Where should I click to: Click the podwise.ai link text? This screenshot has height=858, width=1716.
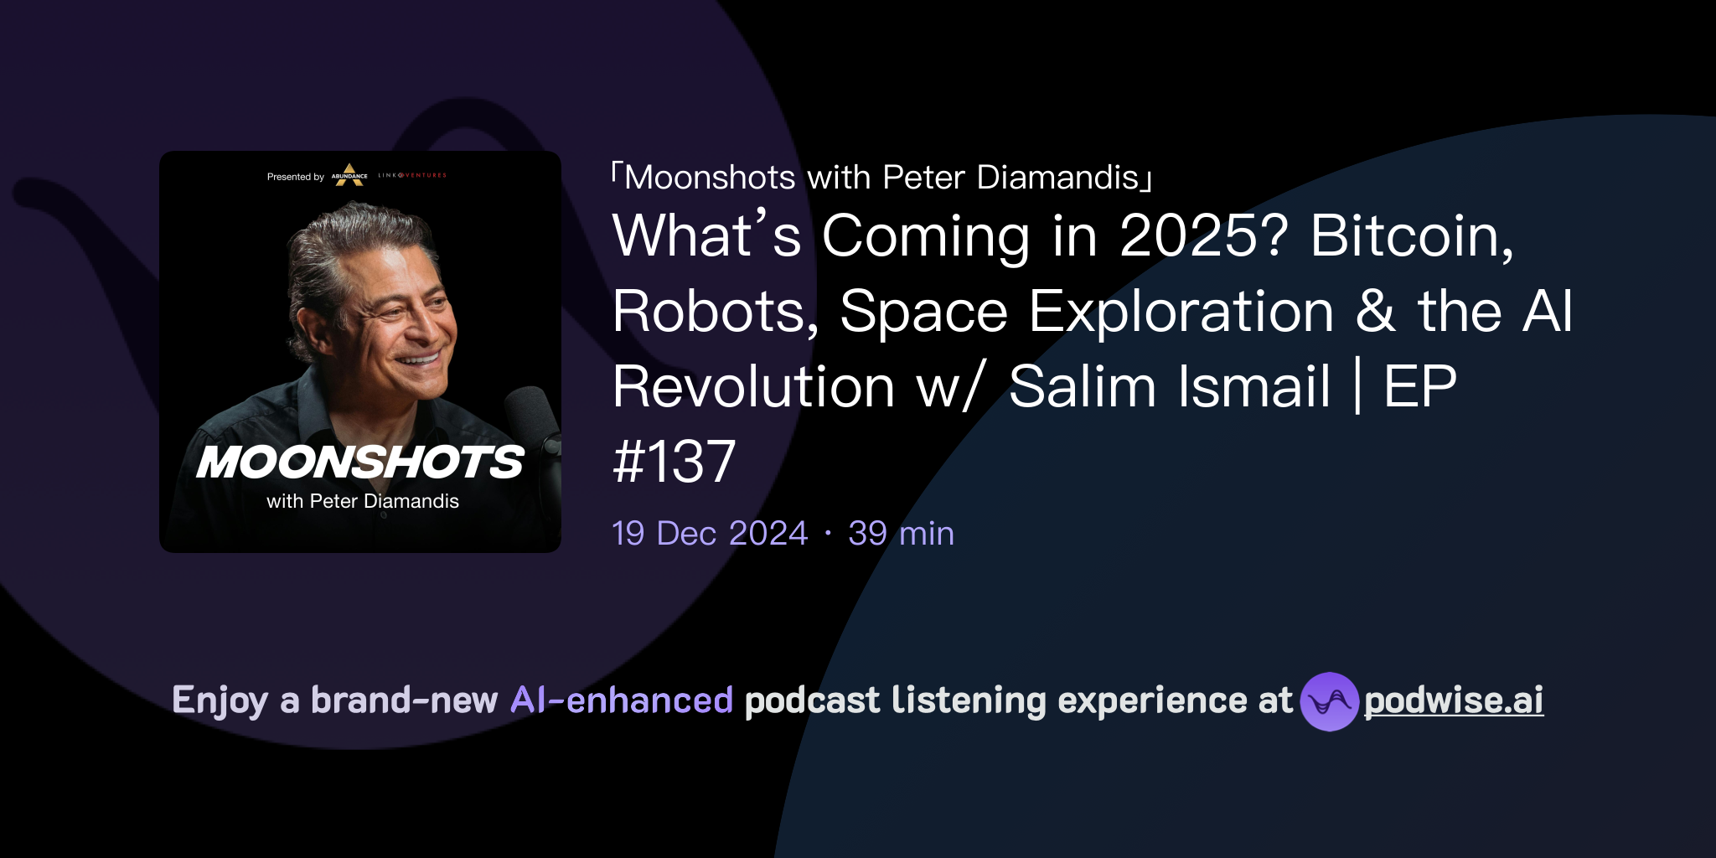1453,700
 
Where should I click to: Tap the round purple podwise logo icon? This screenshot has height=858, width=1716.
1329,701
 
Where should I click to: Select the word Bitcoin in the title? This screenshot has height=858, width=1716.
1411,235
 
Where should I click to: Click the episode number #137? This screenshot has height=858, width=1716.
674,462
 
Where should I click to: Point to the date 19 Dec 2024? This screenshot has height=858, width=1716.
709,533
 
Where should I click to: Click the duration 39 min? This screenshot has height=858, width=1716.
901,533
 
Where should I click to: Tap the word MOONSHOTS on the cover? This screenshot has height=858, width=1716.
360,462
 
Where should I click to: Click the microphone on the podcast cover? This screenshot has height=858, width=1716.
535,419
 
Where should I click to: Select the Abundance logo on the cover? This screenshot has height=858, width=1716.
349,174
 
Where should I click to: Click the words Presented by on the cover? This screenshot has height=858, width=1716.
295,177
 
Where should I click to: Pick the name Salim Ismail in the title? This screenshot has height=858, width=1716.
1169,386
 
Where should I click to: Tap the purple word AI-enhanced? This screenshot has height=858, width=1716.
622,700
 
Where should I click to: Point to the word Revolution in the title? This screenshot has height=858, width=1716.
753,386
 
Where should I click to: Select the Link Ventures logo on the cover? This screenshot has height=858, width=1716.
412,175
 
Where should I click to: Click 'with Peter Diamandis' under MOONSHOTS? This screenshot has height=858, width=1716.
363,501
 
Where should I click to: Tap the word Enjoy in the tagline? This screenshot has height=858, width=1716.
220,700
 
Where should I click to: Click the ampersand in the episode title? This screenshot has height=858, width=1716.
1376,311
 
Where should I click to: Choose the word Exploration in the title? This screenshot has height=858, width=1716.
1181,311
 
